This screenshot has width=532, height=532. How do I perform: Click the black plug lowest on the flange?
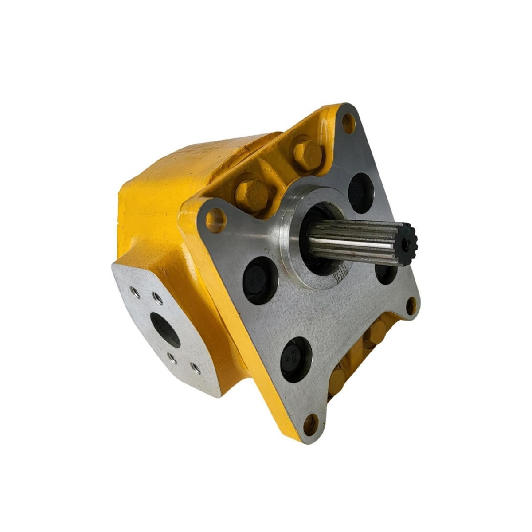click(297, 359)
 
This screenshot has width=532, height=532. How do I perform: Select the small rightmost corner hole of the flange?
click(411, 305)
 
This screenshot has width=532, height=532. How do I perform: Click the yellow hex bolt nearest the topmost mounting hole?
click(307, 152)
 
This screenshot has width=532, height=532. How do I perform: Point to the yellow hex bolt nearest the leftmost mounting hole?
click(251, 194)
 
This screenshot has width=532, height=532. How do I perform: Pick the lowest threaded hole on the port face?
click(194, 367)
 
